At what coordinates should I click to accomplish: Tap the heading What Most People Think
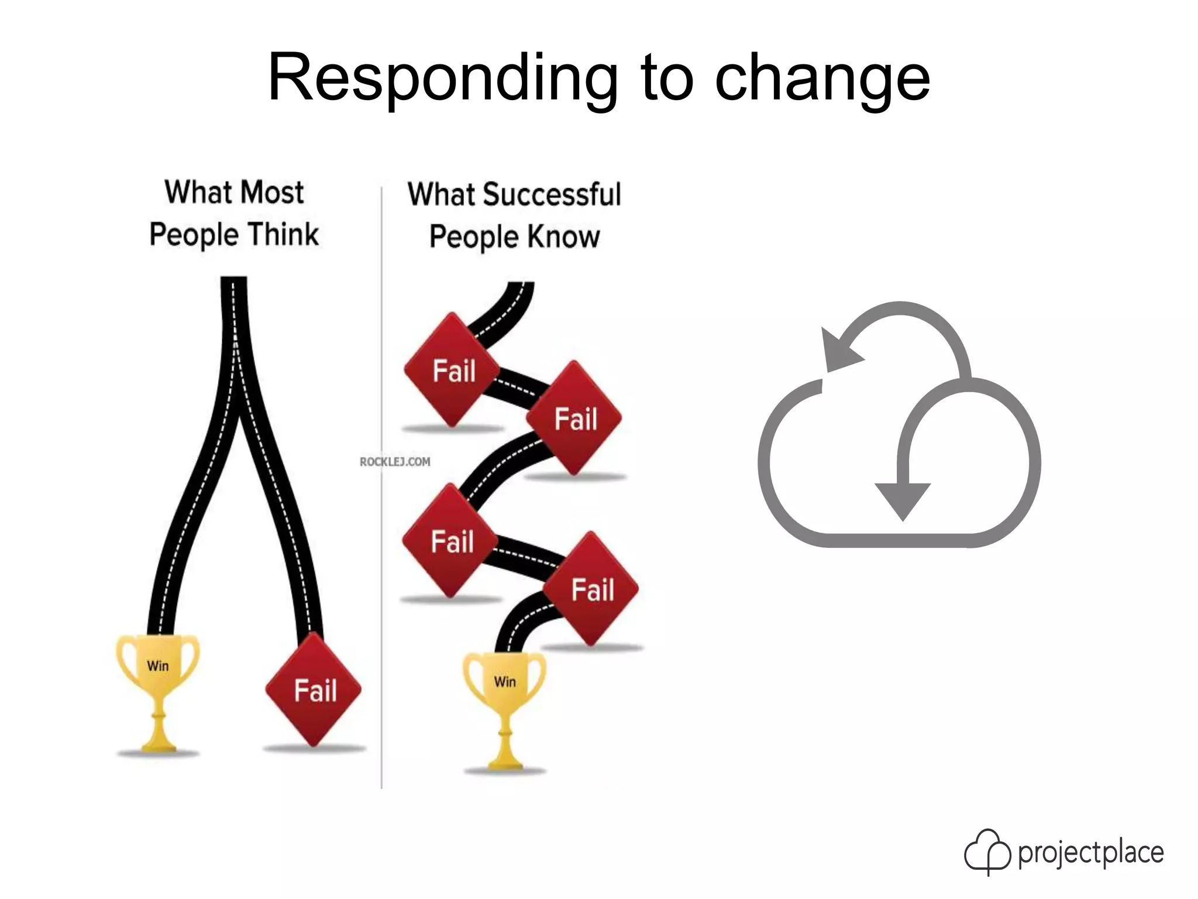(x=234, y=214)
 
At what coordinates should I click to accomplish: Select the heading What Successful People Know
(x=514, y=215)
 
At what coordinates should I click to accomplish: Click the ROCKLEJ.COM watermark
(x=395, y=462)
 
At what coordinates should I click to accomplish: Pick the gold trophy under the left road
(x=158, y=691)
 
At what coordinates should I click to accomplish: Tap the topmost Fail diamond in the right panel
(x=453, y=370)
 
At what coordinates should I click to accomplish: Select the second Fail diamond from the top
(x=574, y=418)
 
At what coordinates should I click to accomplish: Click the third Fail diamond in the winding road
(x=450, y=541)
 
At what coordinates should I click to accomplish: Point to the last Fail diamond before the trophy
(x=591, y=589)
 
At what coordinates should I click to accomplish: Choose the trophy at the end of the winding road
(x=505, y=708)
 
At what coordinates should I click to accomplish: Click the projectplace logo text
(x=1090, y=853)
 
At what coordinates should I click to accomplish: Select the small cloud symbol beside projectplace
(x=987, y=852)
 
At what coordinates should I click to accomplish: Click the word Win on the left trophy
(x=158, y=666)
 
